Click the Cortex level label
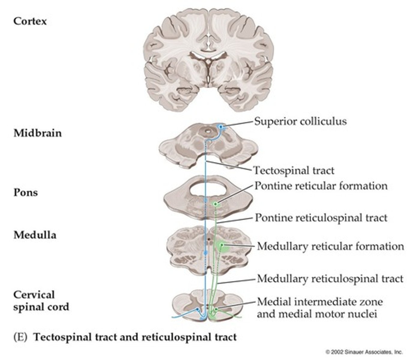30,21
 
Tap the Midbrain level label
38,133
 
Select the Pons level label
26,192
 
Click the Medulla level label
35,235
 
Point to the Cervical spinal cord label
41,301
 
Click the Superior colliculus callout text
300,121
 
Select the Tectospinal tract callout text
294,170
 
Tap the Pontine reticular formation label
321,186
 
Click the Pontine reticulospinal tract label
321,217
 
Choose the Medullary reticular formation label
330,246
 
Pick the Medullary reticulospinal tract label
330,279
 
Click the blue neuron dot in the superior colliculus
221,127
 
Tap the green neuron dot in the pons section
215,204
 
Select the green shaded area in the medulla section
224,247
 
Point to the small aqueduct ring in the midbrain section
207,131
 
